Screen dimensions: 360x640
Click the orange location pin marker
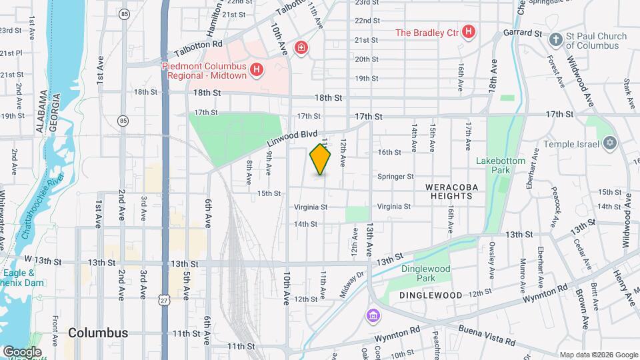pos(321,159)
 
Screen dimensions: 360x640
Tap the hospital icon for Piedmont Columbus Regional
pos(255,69)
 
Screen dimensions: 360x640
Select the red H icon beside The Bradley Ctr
pos(469,32)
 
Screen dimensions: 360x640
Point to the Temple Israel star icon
pos(608,143)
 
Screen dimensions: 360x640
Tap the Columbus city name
pos(98,333)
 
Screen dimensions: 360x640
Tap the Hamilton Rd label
pos(215,18)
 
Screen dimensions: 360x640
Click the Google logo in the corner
pos(22,351)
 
